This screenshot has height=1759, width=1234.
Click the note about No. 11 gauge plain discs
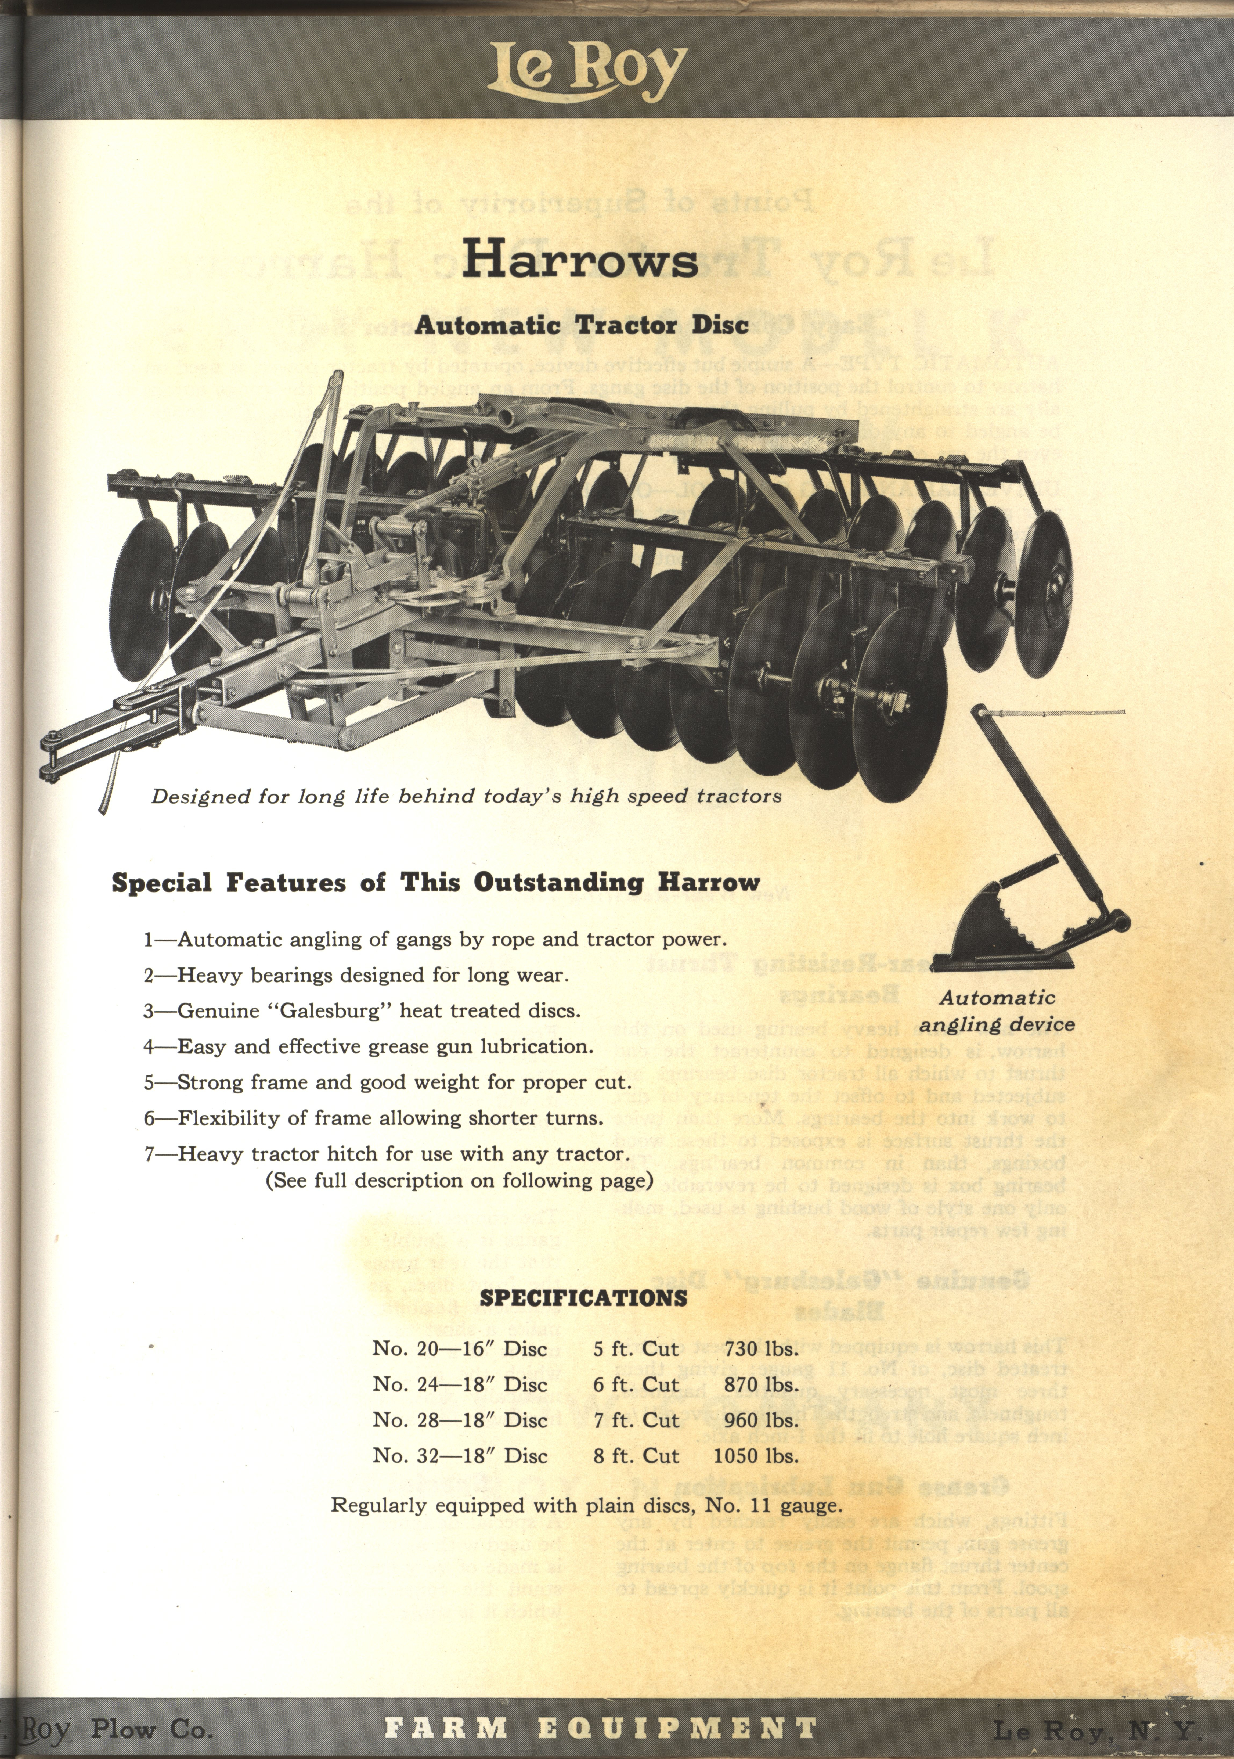pos(586,1505)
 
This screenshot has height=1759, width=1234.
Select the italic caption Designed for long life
pos(466,796)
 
